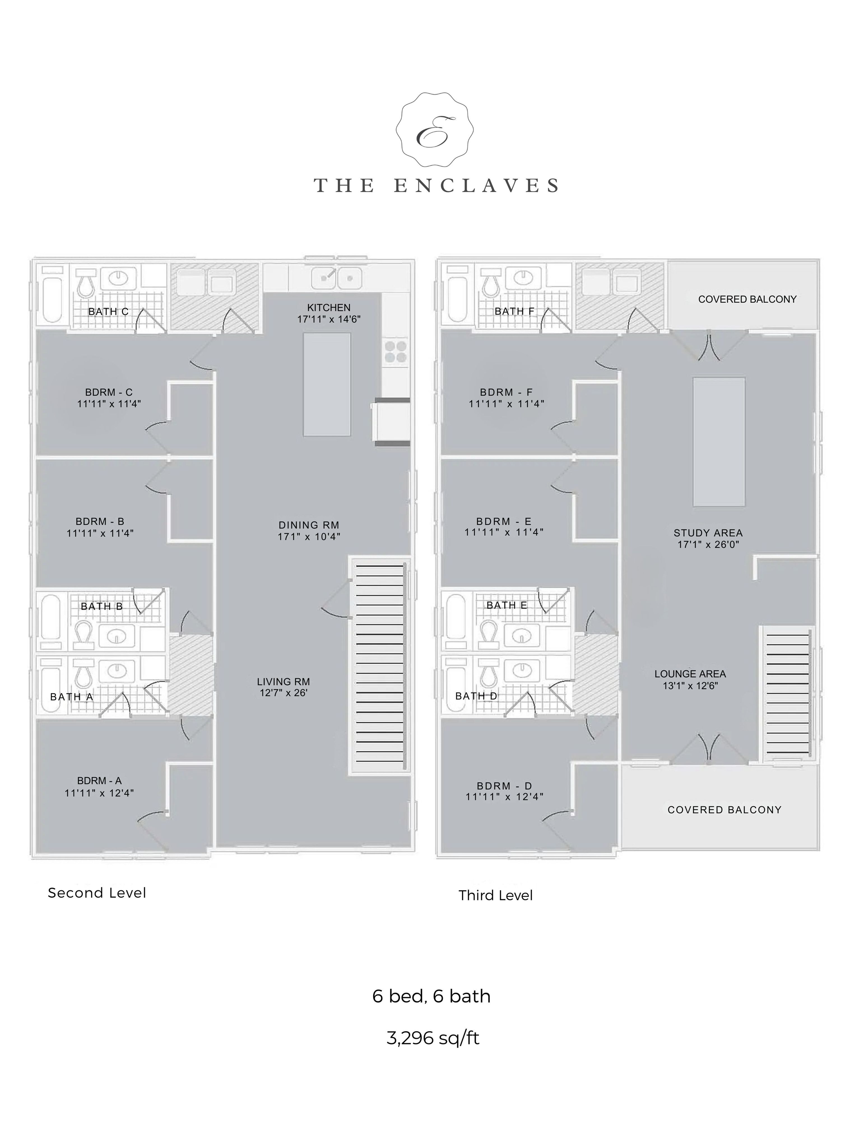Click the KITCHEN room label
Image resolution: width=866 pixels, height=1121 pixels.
pos(329,307)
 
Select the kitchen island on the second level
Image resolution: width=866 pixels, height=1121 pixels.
pos(327,385)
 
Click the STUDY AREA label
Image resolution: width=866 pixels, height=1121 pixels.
pos(708,533)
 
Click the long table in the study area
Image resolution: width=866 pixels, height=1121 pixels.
pos(719,442)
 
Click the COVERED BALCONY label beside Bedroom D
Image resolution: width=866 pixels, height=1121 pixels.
pos(725,809)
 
